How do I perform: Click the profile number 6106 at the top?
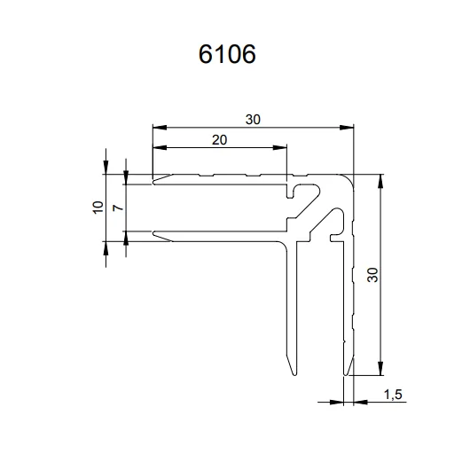pos(227,55)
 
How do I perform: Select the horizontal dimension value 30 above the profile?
pos(253,119)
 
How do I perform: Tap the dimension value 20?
pos(220,140)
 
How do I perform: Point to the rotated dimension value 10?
pos(98,207)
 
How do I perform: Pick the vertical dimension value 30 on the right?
pos(372,275)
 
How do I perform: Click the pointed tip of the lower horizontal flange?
pos(154,234)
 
